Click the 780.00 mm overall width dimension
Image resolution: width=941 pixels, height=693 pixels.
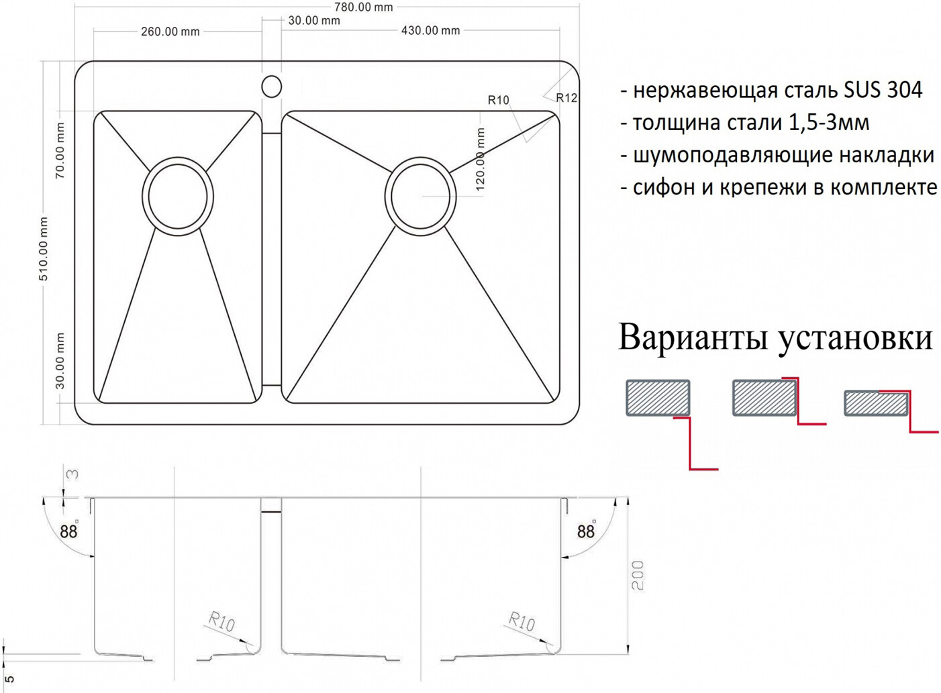(x=363, y=7)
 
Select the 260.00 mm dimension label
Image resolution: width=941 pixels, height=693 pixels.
(x=170, y=32)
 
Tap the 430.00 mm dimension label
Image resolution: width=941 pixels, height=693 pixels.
(x=431, y=30)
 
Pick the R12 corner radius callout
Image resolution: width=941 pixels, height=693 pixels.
(x=566, y=98)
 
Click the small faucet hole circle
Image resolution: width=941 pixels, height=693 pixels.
(x=271, y=87)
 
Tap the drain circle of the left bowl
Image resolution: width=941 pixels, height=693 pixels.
(x=178, y=196)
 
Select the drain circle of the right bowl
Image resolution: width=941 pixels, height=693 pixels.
(x=420, y=196)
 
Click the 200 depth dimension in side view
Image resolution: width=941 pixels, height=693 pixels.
(x=637, y=576)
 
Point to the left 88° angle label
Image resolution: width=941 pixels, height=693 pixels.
(x=69, y=531)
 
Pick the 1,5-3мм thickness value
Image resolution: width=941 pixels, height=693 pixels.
(x=829, y=122)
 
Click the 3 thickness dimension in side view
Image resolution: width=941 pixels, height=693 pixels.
(x=72, y=474)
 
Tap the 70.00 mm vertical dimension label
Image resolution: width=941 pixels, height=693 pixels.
(x=60, y=150)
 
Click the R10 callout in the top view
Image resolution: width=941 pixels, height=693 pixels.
(x=498, y=100)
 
